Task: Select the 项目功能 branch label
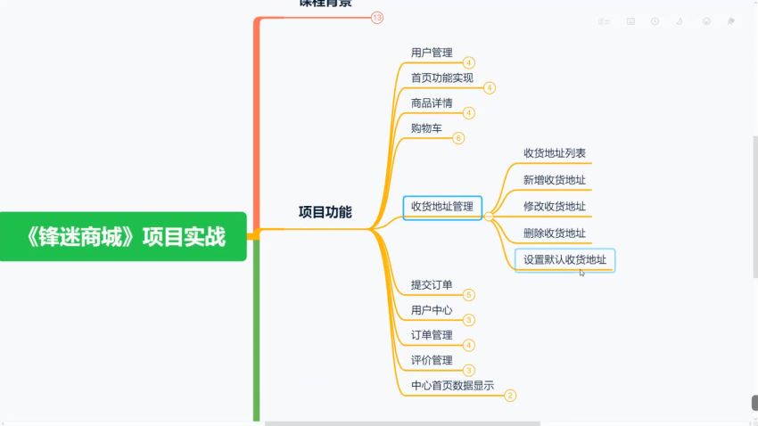point(325,212)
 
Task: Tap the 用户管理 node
point(432,53)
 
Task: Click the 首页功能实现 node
point(442,78)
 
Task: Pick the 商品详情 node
point(432,102)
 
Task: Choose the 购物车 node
point(426,128)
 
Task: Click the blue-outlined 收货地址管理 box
point(442,208)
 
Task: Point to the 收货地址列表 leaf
point(555,153)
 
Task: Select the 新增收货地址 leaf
point(555,180)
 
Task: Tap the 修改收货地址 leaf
point(555,207)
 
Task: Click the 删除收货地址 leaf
point(555,233)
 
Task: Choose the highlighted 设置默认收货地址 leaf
point(565,260)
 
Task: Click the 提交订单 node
point(432,285)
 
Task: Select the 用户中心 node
point(432,310)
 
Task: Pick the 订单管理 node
point(432,335)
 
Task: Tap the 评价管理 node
point(432,360)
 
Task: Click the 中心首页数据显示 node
point(452,386)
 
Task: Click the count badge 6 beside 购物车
point(458,138)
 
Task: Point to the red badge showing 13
point(377,17)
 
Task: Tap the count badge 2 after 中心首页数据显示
point(510,396)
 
